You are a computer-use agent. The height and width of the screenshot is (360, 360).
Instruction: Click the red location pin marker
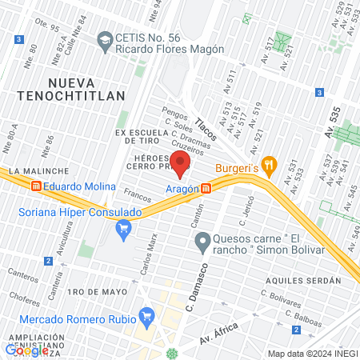(x=181, y=162)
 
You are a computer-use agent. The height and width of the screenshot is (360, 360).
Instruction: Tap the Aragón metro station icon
(x=206, y=188)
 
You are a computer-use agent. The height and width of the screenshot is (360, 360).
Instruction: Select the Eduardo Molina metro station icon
(x=36, y=186)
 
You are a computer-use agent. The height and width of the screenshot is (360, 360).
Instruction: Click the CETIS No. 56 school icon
(x=104, y=39)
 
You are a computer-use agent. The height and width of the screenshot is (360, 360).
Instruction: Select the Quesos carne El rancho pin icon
(x=202, y=241)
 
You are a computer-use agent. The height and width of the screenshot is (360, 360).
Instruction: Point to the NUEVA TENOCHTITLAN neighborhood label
(x=86, y=89)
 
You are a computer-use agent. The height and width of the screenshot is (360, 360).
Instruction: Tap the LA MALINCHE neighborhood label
(x=30, y=171)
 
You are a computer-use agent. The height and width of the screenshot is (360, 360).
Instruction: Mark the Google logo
(x=26, y=350)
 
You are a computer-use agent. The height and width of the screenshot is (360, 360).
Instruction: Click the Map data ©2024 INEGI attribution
(x=312, y=354)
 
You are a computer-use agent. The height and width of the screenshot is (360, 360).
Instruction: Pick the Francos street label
(x=138, y=195)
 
